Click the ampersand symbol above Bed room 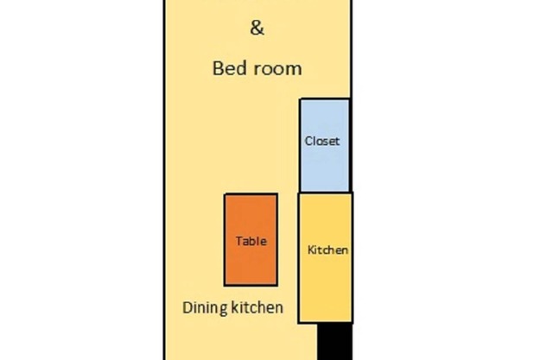coord(257,28)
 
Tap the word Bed coord(228,68)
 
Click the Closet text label coord(322,141)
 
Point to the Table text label coord(251,241)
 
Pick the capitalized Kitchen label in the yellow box coord(327,249)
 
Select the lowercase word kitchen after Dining coord(257,307)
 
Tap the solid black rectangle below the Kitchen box coord(335,342)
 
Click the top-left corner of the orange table coord(225,193)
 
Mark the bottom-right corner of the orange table coord(277,285)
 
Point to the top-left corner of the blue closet coord(300,99)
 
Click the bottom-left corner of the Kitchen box coord(299,322)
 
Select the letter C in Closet coord(308,141)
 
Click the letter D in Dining coord(188,307)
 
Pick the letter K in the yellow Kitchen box coord(311,249)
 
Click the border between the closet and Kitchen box coord(325,193)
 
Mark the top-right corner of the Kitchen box coord(352,193)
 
